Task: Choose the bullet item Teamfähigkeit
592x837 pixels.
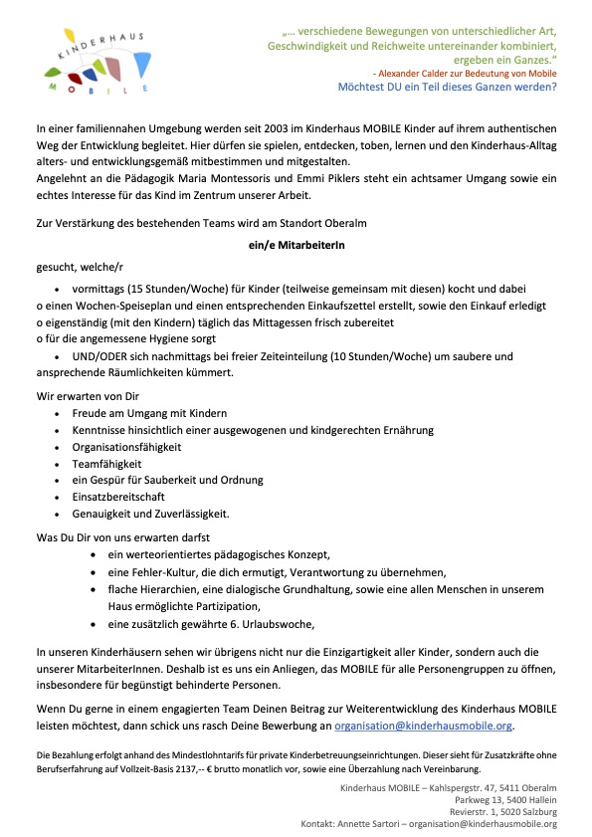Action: (x=107, y=464)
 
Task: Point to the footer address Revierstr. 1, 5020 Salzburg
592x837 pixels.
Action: (x=501, y=811)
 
